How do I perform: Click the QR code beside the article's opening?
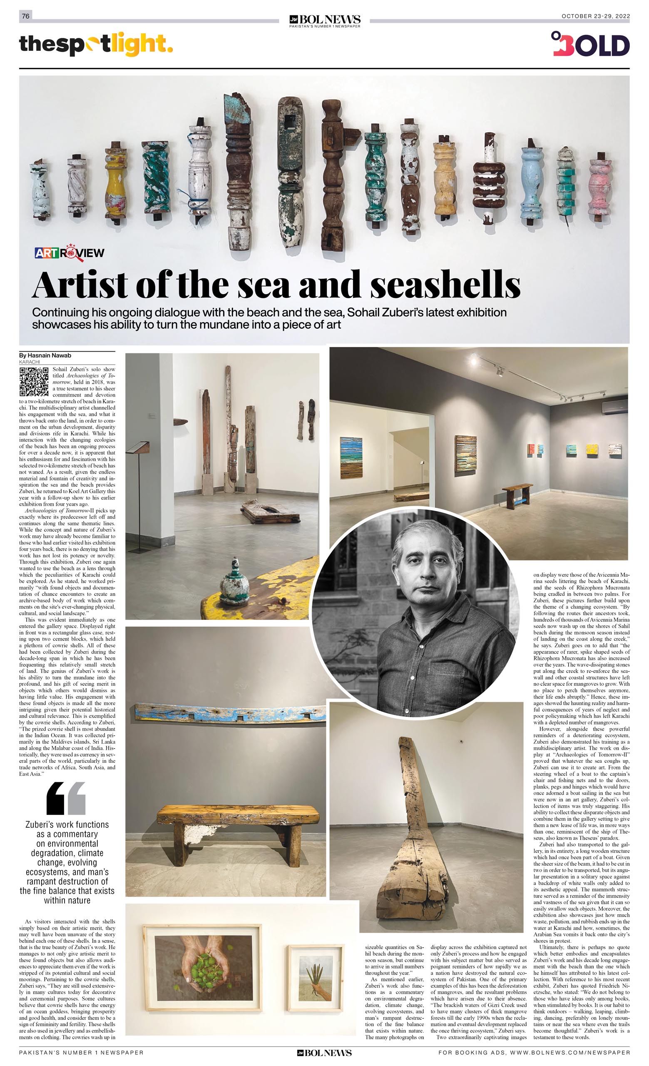tap(34, 382)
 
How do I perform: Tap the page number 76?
tap(25, 16)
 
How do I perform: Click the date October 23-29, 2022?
tap(595, 16)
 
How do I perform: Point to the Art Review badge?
tap(70, 253)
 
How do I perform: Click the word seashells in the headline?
tap(445, 285)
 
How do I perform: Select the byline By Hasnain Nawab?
tap(45, 355)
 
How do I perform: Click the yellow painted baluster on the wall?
tap(115, 182)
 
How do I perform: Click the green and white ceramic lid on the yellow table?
tap(234, 582)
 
